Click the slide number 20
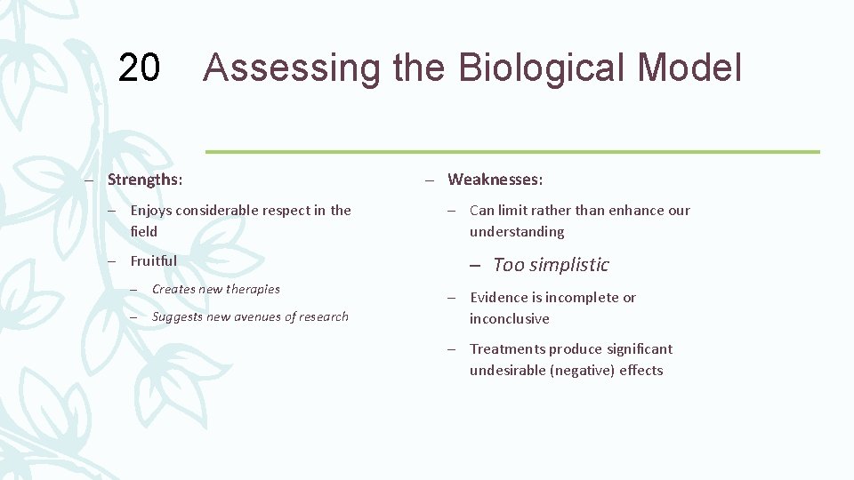point(139,68)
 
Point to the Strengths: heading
point(145,180)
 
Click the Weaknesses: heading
point(495,180)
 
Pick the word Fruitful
point(153,260)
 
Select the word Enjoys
point(152,211)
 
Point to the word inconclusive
point(510,319)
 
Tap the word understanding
point(517,232)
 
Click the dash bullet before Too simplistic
point(476,265)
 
